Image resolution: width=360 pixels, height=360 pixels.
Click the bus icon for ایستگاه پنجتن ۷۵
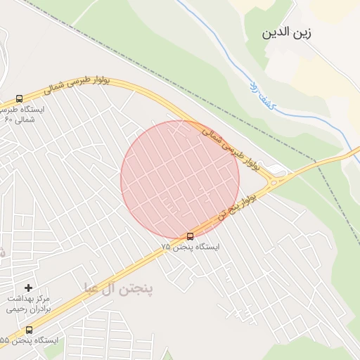point(190,236)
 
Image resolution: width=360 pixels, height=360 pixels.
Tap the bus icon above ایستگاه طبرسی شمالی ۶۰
point(19,98)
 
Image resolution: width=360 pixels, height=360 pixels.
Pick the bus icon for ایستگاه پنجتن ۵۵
point(29,330)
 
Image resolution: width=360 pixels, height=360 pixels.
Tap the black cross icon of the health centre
point(28,288)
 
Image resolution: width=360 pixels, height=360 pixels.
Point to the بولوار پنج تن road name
point(235,206)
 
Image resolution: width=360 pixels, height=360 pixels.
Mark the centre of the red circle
point(180,179)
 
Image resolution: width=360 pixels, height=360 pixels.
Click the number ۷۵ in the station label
point(166,247)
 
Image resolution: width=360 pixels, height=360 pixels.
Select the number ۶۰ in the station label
point(8,120)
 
